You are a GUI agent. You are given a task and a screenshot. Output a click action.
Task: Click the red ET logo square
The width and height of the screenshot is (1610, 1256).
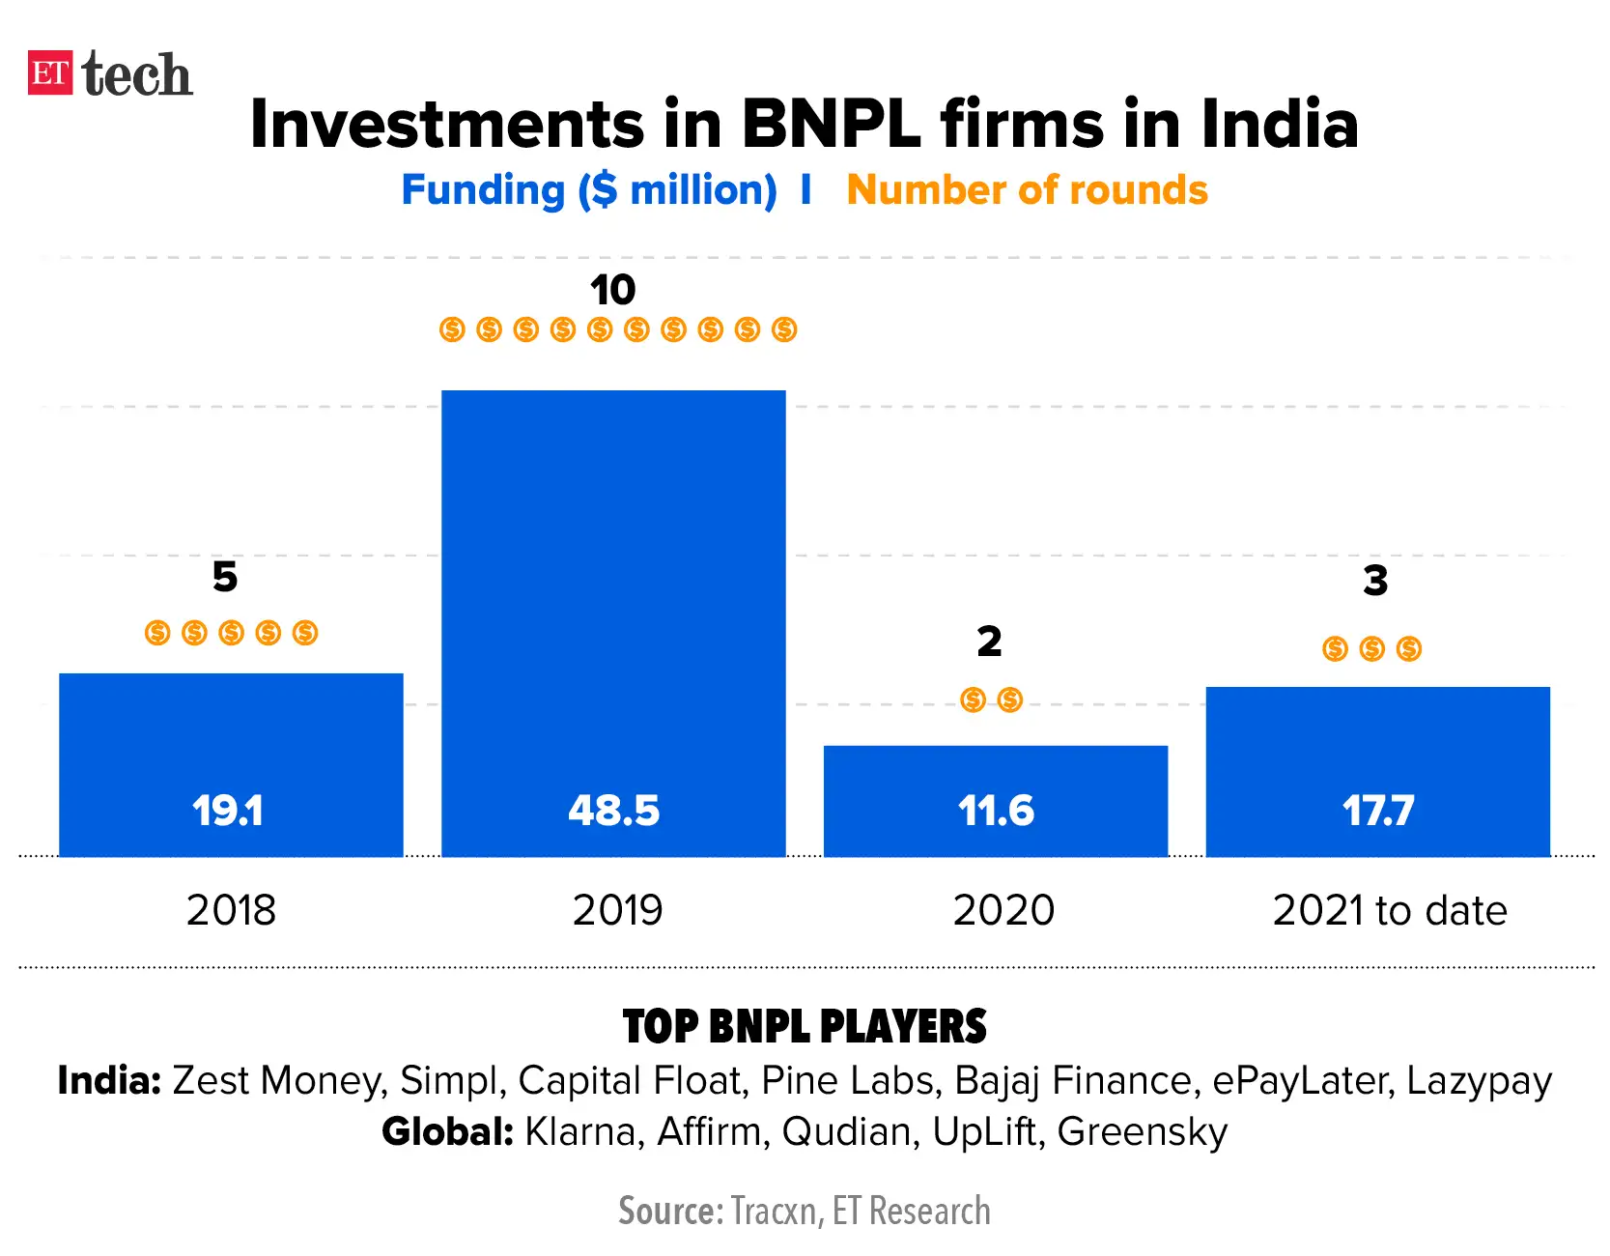tap(50, 73)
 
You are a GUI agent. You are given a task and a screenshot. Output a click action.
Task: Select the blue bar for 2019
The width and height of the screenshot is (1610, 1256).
tap(613, 580)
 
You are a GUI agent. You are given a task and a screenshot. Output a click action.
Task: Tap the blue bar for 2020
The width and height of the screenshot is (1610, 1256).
tap(995, 773)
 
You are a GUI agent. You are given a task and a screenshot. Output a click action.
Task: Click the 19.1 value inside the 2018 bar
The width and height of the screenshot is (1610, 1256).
tap(227, 811)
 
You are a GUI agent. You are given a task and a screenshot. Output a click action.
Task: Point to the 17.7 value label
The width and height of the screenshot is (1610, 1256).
tap(1377, 811)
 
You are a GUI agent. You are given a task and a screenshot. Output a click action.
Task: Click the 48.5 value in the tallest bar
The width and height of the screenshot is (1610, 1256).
tap(613, 811)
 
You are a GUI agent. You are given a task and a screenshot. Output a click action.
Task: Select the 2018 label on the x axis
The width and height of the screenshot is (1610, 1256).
tap(231, 910)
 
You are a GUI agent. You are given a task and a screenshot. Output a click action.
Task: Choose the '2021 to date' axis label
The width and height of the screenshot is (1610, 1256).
tap(1389, 910)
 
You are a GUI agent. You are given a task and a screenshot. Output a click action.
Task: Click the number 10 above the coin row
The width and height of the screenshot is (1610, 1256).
tap(612, 290)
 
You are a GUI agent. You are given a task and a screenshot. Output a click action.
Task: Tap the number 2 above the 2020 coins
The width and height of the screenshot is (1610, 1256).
tap(989, 642)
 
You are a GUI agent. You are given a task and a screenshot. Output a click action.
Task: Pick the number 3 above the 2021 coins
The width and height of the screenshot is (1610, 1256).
tap(1375, 581)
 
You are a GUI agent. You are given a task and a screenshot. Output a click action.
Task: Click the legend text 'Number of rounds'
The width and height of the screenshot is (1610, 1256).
tap(1027, 190)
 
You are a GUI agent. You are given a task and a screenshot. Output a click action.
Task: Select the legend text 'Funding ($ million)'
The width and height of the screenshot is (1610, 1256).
tap(588, 190)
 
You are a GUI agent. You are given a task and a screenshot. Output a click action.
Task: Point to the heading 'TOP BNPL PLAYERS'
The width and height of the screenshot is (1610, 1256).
tap(805, 1026)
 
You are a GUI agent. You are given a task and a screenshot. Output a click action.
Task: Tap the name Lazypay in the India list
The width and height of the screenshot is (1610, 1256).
tap(1479, 1080)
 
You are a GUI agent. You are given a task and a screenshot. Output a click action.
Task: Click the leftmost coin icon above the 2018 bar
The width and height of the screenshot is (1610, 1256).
tap(157, 633)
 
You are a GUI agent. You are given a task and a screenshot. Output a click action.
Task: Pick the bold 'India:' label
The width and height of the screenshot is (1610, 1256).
tap(109, 1080)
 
